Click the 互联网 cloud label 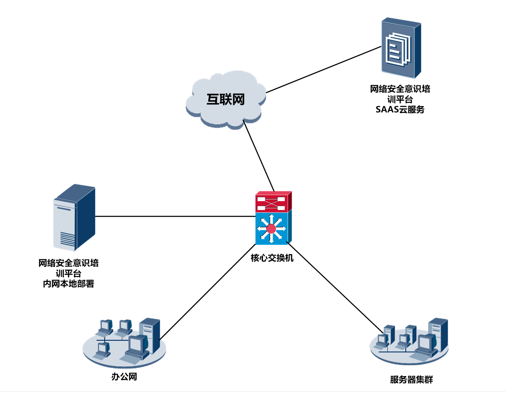click(x=226, y=99)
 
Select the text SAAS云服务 click(x=400, y=110)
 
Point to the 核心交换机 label click(x=272, y=258)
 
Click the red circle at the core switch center click(x=271, y=229)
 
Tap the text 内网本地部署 click(x=68, y=284)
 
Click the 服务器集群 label click(x=411, y=379)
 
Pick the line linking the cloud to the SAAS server click(x=323, y=70)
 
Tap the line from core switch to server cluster click(x=334, y=285)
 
